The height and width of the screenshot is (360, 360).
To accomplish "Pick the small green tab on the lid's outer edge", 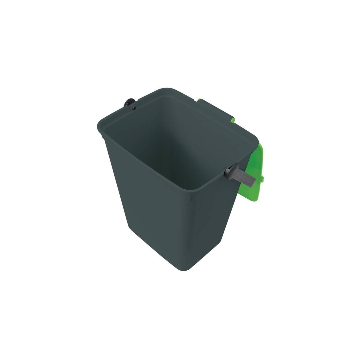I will pos(263,179).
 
